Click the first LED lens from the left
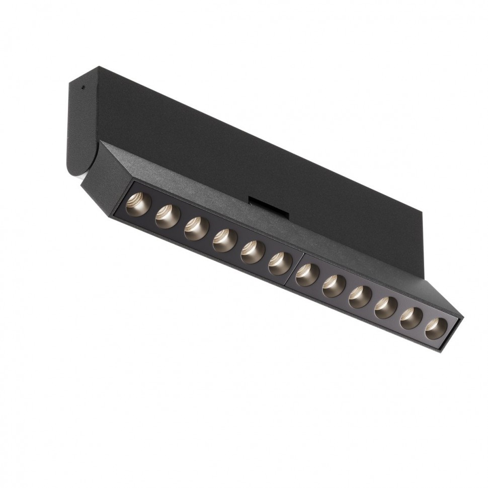[138, 205]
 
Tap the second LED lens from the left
[167, 217]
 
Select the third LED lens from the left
[196, 228]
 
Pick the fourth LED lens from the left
[224, 240]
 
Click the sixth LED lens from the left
[280, 264]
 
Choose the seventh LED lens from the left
[307, 275]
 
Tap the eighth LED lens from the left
[334, 286]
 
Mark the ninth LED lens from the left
[360, 297]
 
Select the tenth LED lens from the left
[386, 307]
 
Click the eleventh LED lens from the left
[411, 318]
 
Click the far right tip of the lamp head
[461, 318]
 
